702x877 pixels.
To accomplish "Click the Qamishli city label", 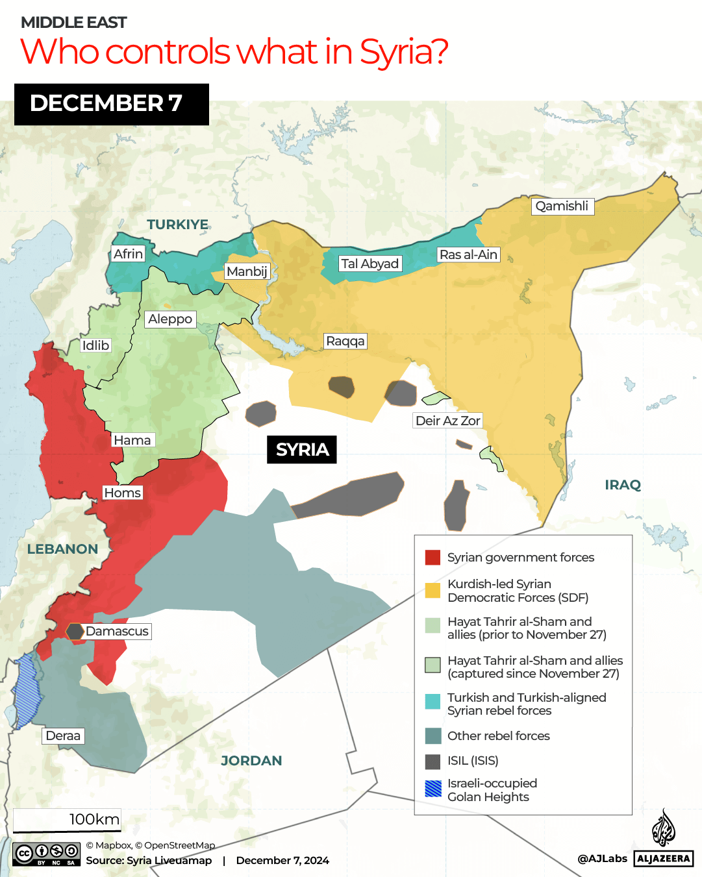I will click(562, 206).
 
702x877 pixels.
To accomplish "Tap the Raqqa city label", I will click(345, 341).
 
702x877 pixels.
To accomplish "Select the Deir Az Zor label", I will click(447, 421).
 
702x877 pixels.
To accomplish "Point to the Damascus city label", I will click(117, 632).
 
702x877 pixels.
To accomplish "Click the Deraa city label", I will click(63, 736).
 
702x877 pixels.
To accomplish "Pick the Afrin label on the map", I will click(128, 254).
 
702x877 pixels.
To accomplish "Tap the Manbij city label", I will click(247, 271).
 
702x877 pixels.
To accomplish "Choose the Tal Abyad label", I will click(370, 264).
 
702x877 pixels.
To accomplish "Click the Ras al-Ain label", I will click(468, 254).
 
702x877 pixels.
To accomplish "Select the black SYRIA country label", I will click(302, 449).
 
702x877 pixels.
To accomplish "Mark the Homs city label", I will click(122, 493).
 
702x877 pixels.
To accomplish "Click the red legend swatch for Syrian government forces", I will click(432, 558).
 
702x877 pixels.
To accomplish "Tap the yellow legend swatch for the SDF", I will click(432, 590).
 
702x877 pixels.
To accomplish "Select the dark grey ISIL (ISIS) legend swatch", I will click(432, 761).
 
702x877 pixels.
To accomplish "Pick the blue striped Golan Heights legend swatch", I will click(432, 789).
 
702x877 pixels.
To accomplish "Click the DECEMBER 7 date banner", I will click(112, 104).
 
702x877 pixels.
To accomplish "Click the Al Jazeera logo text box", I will click(663, 858).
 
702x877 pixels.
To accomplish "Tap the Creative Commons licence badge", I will click(47, 854).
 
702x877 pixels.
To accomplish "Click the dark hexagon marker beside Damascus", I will click(75, 631).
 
